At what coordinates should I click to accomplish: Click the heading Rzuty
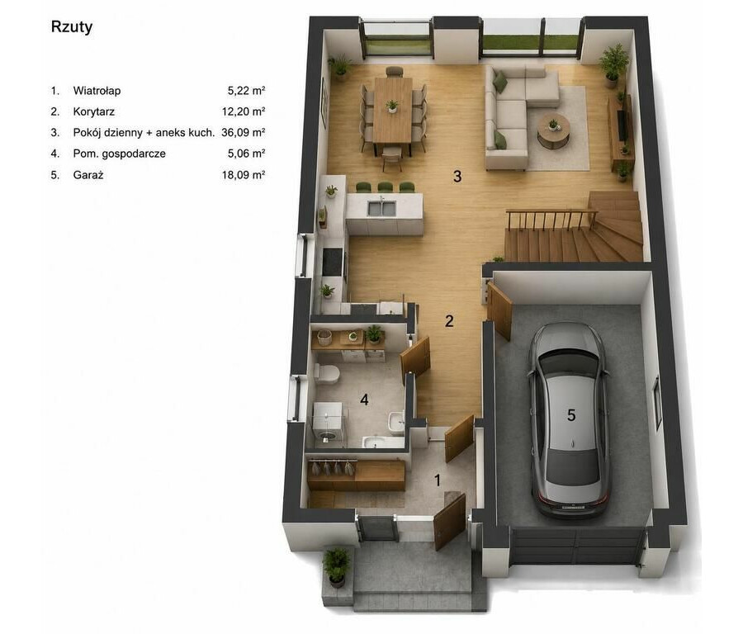(x=72, y=27)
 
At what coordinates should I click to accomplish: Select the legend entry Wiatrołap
(x=97, y=91)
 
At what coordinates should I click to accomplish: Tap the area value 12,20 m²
(x=243, y=111)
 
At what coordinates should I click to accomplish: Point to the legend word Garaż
(x=88, y=175)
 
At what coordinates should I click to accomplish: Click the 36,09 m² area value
(x=243, y=133)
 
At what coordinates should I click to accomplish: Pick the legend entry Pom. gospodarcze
(x=120, y=154)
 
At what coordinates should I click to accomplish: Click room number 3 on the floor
(x=457, y=177)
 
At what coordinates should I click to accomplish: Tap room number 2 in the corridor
(x=449, y=321)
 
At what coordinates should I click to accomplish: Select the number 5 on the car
(x=571, y=415)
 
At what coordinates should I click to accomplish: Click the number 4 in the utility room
(x=364, y=400)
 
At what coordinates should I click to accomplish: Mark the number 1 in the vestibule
(x=438, y=480)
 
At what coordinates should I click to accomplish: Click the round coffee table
(x=553, y=128)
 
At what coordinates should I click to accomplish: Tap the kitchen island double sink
(x=381, y=206)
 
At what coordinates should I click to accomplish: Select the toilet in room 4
(x=326, y=373)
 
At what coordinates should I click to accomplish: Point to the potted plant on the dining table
(x=392, y=106)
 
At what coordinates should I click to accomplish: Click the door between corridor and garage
(x=500, y=310)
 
